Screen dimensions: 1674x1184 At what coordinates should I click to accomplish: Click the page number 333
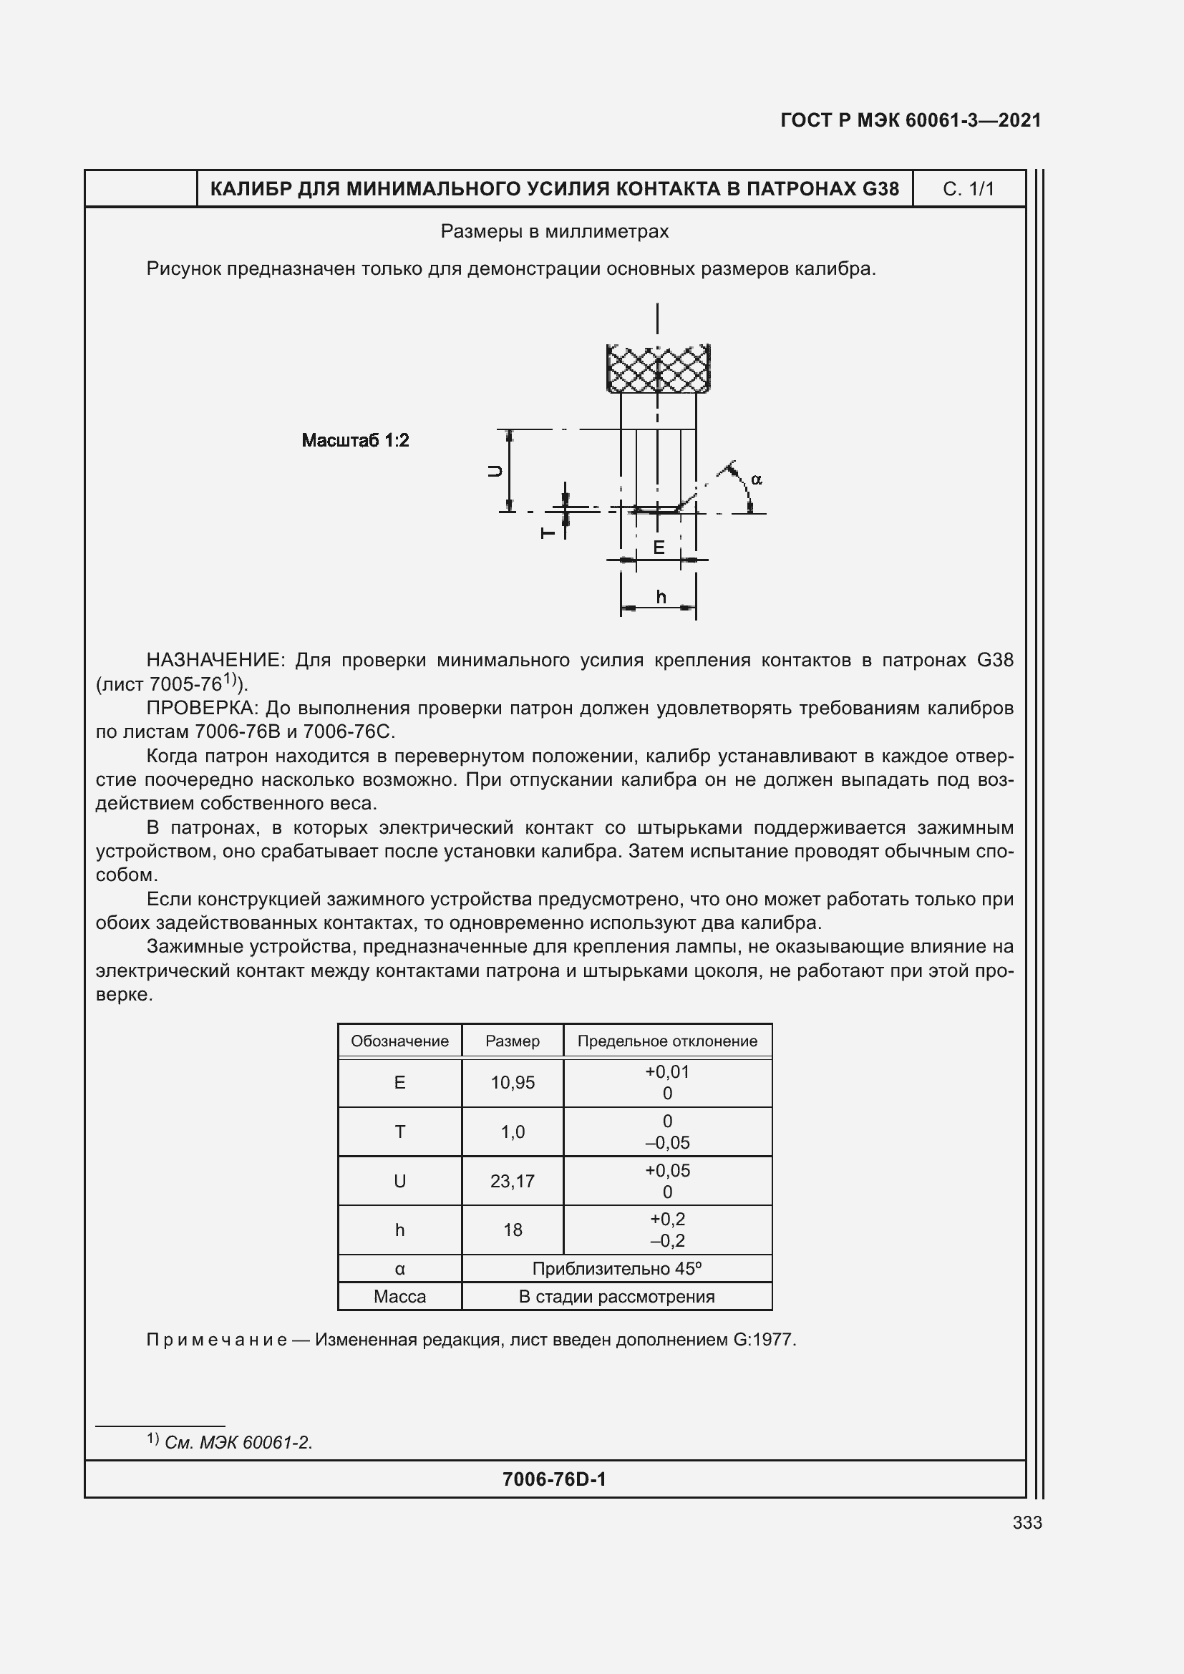(1027, 1522)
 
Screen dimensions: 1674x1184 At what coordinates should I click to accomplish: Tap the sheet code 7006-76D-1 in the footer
(554, 1479)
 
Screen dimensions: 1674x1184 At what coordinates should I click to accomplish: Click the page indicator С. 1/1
(969, 189)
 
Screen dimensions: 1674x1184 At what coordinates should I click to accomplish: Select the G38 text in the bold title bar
(880, 189)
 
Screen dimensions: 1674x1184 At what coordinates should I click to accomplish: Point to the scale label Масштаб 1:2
(355, 440)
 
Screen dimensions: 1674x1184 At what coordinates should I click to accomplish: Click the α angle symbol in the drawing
(756, 479)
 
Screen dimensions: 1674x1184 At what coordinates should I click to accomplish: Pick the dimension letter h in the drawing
(661, 597)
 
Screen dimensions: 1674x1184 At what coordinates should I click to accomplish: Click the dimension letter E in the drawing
(659, 547)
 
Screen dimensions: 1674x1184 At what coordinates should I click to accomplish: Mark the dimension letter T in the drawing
(548, 533)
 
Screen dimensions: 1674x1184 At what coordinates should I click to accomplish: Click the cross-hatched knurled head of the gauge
(659, 369)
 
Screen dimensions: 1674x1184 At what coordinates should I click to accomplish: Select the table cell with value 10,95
(513, 1083)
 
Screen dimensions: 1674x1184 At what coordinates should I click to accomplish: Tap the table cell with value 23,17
(513, 1181)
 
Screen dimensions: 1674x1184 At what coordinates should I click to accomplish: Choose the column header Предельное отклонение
(667, 1041)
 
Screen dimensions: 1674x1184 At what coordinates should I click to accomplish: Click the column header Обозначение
(399, 1041)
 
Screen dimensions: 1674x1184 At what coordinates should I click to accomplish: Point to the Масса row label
(399, 1296)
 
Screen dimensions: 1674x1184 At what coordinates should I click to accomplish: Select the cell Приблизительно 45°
(617, 1269)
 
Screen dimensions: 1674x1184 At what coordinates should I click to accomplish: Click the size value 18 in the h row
(513, 1230)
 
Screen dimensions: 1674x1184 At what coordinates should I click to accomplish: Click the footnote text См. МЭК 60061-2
(238, 1442)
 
